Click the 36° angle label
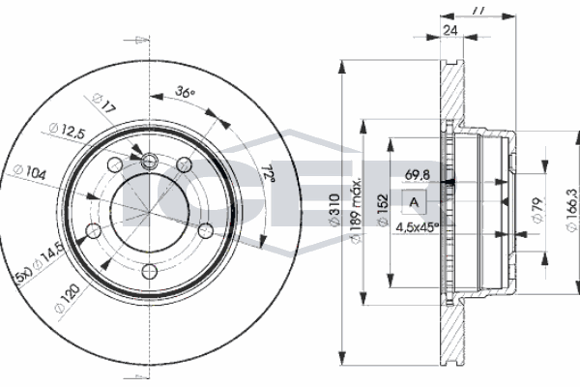[x=185, y=93]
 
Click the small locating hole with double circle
[x=151, y=161]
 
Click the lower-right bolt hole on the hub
[x=206, y=228]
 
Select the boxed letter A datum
[x=415, y=201]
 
